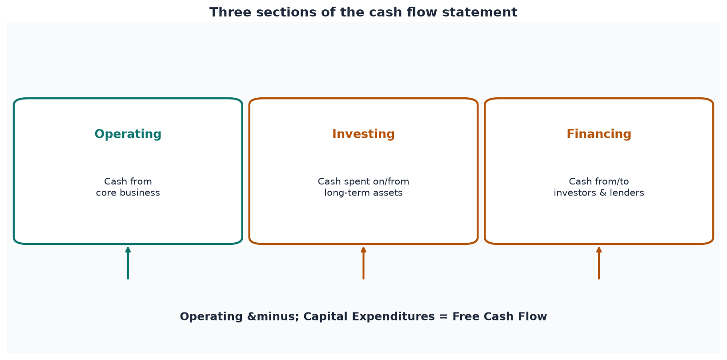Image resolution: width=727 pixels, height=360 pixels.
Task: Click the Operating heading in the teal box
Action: [x=128, y=134]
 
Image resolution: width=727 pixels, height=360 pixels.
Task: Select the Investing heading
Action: [x=363, y=134]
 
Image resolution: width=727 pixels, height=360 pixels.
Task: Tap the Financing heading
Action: [x=599, y=134]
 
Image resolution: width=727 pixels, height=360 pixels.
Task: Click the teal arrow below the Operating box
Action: [x=128, y=263]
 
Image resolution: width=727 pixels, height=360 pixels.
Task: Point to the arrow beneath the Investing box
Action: [x=364, y=263]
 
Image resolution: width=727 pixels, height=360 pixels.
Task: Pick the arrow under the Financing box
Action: [x=599, y=263]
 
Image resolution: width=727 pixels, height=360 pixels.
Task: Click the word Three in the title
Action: [x=230, y=12]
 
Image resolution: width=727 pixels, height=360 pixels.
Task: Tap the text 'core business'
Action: [x=128, y=192]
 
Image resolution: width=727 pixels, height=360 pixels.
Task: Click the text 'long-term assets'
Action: [x=363, y=193]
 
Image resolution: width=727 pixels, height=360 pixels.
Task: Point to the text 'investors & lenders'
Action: [x=599, y=192]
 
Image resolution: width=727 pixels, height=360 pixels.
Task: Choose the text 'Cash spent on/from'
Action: [x=363, y=182]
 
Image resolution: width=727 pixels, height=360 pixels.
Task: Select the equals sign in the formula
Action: [x=443, y=317]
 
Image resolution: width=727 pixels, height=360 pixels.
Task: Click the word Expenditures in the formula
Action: [x=394, y=316]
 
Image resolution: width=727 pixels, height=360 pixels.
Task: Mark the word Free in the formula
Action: [x=466, y=316]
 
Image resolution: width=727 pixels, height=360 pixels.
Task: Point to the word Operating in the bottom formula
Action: [x=211, y=317]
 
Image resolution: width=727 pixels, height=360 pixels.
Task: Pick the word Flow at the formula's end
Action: [x=533, y=316]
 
